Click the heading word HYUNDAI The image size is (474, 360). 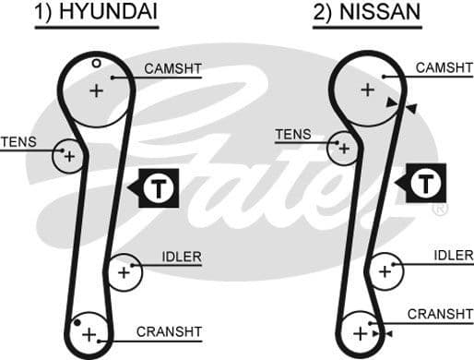[111, 13]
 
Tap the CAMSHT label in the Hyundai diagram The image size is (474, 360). [172, 68]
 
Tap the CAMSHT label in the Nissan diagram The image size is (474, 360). [444, 67]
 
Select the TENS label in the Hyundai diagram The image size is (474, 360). [18, 141]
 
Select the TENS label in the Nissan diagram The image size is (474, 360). [293, 134]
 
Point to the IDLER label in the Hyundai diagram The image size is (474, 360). [181, 256]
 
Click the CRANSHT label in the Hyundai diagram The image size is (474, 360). [169, 330]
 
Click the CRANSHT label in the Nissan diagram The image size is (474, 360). [440, 314]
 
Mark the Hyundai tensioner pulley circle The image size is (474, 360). [68, 156]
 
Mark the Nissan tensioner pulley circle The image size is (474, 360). [343, 148]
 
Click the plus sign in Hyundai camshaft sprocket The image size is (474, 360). [97, 90]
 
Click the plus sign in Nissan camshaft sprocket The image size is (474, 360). [367, 89]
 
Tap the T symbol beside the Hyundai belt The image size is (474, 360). [160, 188]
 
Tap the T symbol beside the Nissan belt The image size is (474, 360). [426, 182]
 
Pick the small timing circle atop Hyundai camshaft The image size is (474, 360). [96, 63]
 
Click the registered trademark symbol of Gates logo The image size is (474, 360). [440, 210]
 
